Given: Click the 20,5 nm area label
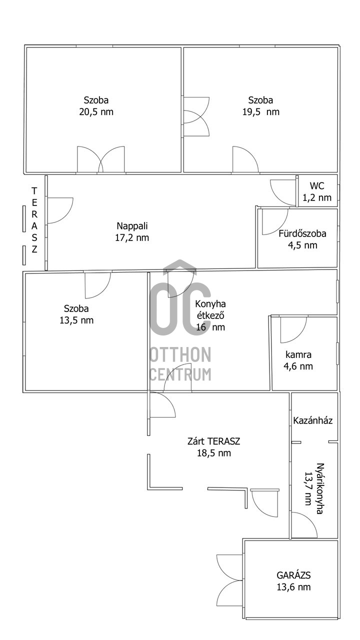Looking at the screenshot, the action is [x=96, y=111].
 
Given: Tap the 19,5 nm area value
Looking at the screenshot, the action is [x=261, y=111].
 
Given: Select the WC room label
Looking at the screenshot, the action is [x=317, y=185].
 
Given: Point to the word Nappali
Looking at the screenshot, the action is [x=132, y=226].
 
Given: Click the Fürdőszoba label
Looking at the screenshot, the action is [x=302, y=233].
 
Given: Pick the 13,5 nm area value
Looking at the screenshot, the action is [x=76, y=320].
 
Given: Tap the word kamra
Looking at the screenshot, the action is [x=298, y=354].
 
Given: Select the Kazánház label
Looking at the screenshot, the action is [x=313, y=420].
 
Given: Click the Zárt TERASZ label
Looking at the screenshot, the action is [x=213, y=441].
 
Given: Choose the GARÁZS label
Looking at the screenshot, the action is [x=293, y=575].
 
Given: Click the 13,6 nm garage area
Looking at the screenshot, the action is [x=293, y=587].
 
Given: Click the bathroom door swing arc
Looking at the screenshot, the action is [x=281, y=227].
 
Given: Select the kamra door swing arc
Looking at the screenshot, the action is [x=299, y=335].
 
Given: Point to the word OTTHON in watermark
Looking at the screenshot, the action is [x=180, y=355].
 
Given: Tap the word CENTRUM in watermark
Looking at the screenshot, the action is [x=180, y=374].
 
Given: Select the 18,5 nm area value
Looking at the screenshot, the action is [x=213, y=453].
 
